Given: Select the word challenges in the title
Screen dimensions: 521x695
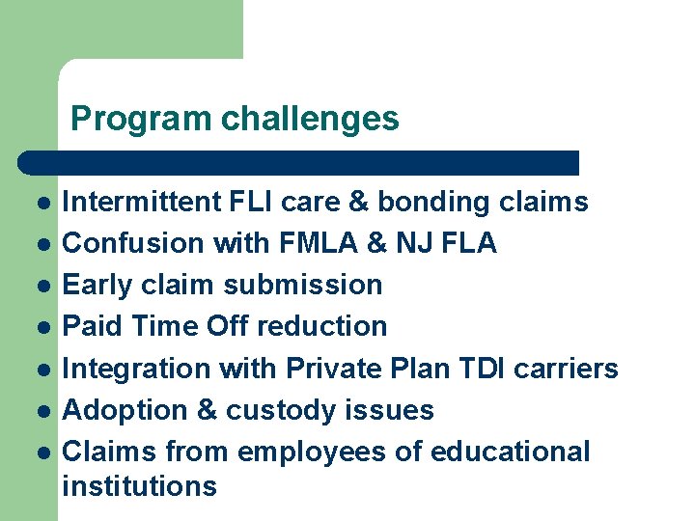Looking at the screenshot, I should pyautogui.click(x=309, y=119).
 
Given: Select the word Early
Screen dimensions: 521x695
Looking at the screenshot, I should pyautogui.click(x=96, y=285).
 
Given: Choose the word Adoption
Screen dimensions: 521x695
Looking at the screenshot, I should pyautogui.click(x=125, y=410).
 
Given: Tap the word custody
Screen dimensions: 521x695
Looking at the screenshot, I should pyautogui.click(x=280, y=410).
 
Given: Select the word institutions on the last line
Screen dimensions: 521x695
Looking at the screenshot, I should pyautogui.click(x=139, y=485).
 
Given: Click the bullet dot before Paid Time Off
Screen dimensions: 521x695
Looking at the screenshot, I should pyautogui.click(x=44, y=327).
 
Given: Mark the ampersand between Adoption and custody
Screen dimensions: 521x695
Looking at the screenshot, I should pyautogui.click(x=208, y=410).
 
